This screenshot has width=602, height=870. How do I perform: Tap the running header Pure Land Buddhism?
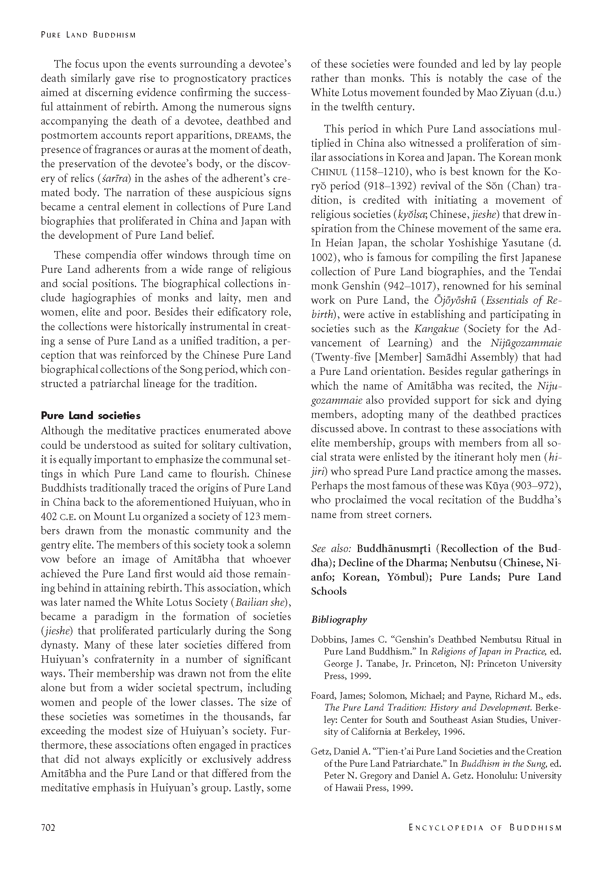(x=88, y=35)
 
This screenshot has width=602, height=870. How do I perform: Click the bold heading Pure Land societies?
(x=91, y=416)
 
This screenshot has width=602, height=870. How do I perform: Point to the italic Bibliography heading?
(x=339, y=620)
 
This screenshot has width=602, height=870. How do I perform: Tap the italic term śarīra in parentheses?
(x=121, y=179)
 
